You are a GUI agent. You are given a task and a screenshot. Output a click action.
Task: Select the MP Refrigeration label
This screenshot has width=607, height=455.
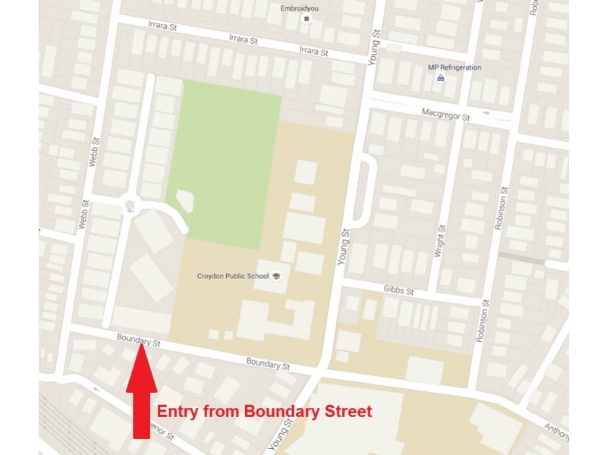point(454,67)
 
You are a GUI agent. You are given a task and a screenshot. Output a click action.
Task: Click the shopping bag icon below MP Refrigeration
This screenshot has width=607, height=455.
point(440,78)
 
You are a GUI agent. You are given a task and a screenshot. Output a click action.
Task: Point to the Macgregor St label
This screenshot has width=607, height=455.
point(445,115)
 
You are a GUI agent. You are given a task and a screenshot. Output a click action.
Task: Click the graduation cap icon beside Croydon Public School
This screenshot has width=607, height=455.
point(276,276)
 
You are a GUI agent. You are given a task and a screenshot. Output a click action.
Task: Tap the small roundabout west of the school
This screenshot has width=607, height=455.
point(130,204)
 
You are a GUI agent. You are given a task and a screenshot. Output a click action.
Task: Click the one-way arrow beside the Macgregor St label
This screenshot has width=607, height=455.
point(486,115)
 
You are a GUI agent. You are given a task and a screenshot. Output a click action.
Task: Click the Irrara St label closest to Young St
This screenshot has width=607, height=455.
point(313,51)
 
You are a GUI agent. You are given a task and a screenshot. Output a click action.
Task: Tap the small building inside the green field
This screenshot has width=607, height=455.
point(184,201)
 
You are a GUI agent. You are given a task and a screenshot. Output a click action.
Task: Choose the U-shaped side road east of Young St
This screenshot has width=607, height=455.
point(366,190)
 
